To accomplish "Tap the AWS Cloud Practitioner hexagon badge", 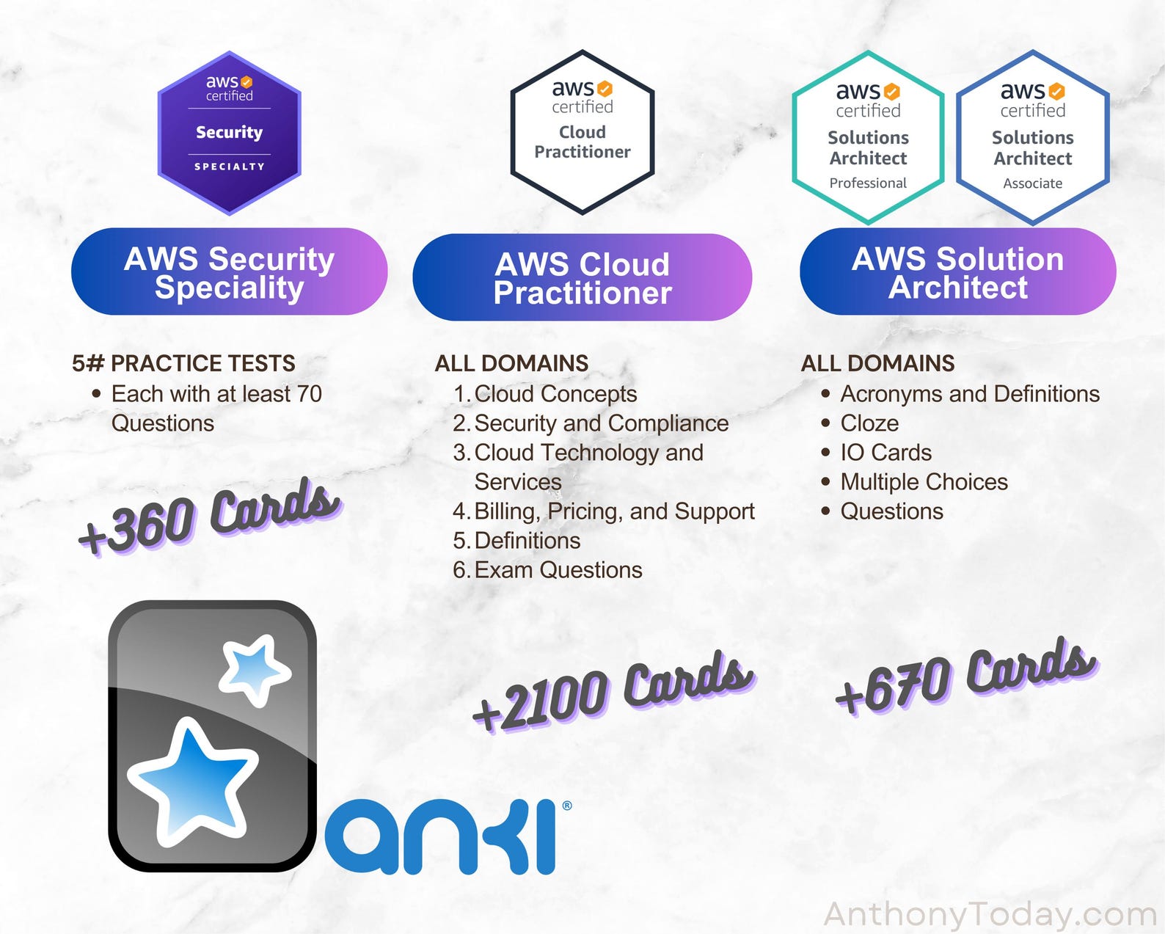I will point(582,133).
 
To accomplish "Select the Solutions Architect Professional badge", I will point(868,138).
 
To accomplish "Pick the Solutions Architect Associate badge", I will point(1032,138).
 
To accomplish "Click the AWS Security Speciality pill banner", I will point(229,272).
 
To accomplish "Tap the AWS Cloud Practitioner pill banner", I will point(582,278).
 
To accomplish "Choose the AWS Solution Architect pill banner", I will point(957,272).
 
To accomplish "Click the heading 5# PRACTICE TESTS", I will point(183,363).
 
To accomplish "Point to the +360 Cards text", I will point(209,517).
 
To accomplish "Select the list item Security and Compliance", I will point(601,423).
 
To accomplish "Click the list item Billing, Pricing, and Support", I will point(614,511).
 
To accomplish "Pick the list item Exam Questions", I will point(558,570).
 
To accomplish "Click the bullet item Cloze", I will point(869,423).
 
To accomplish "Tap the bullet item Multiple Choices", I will point(924,482).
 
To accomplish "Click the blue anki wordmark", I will point(444,837).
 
